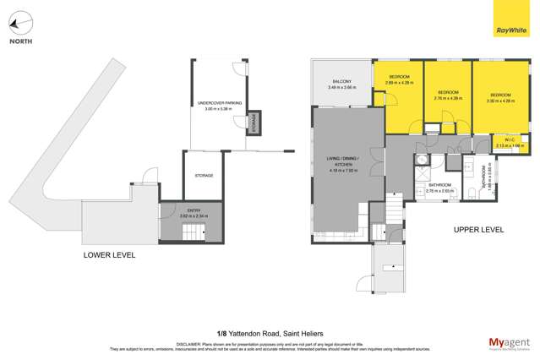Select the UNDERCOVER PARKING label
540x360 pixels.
219,105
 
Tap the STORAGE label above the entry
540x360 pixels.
204,176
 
